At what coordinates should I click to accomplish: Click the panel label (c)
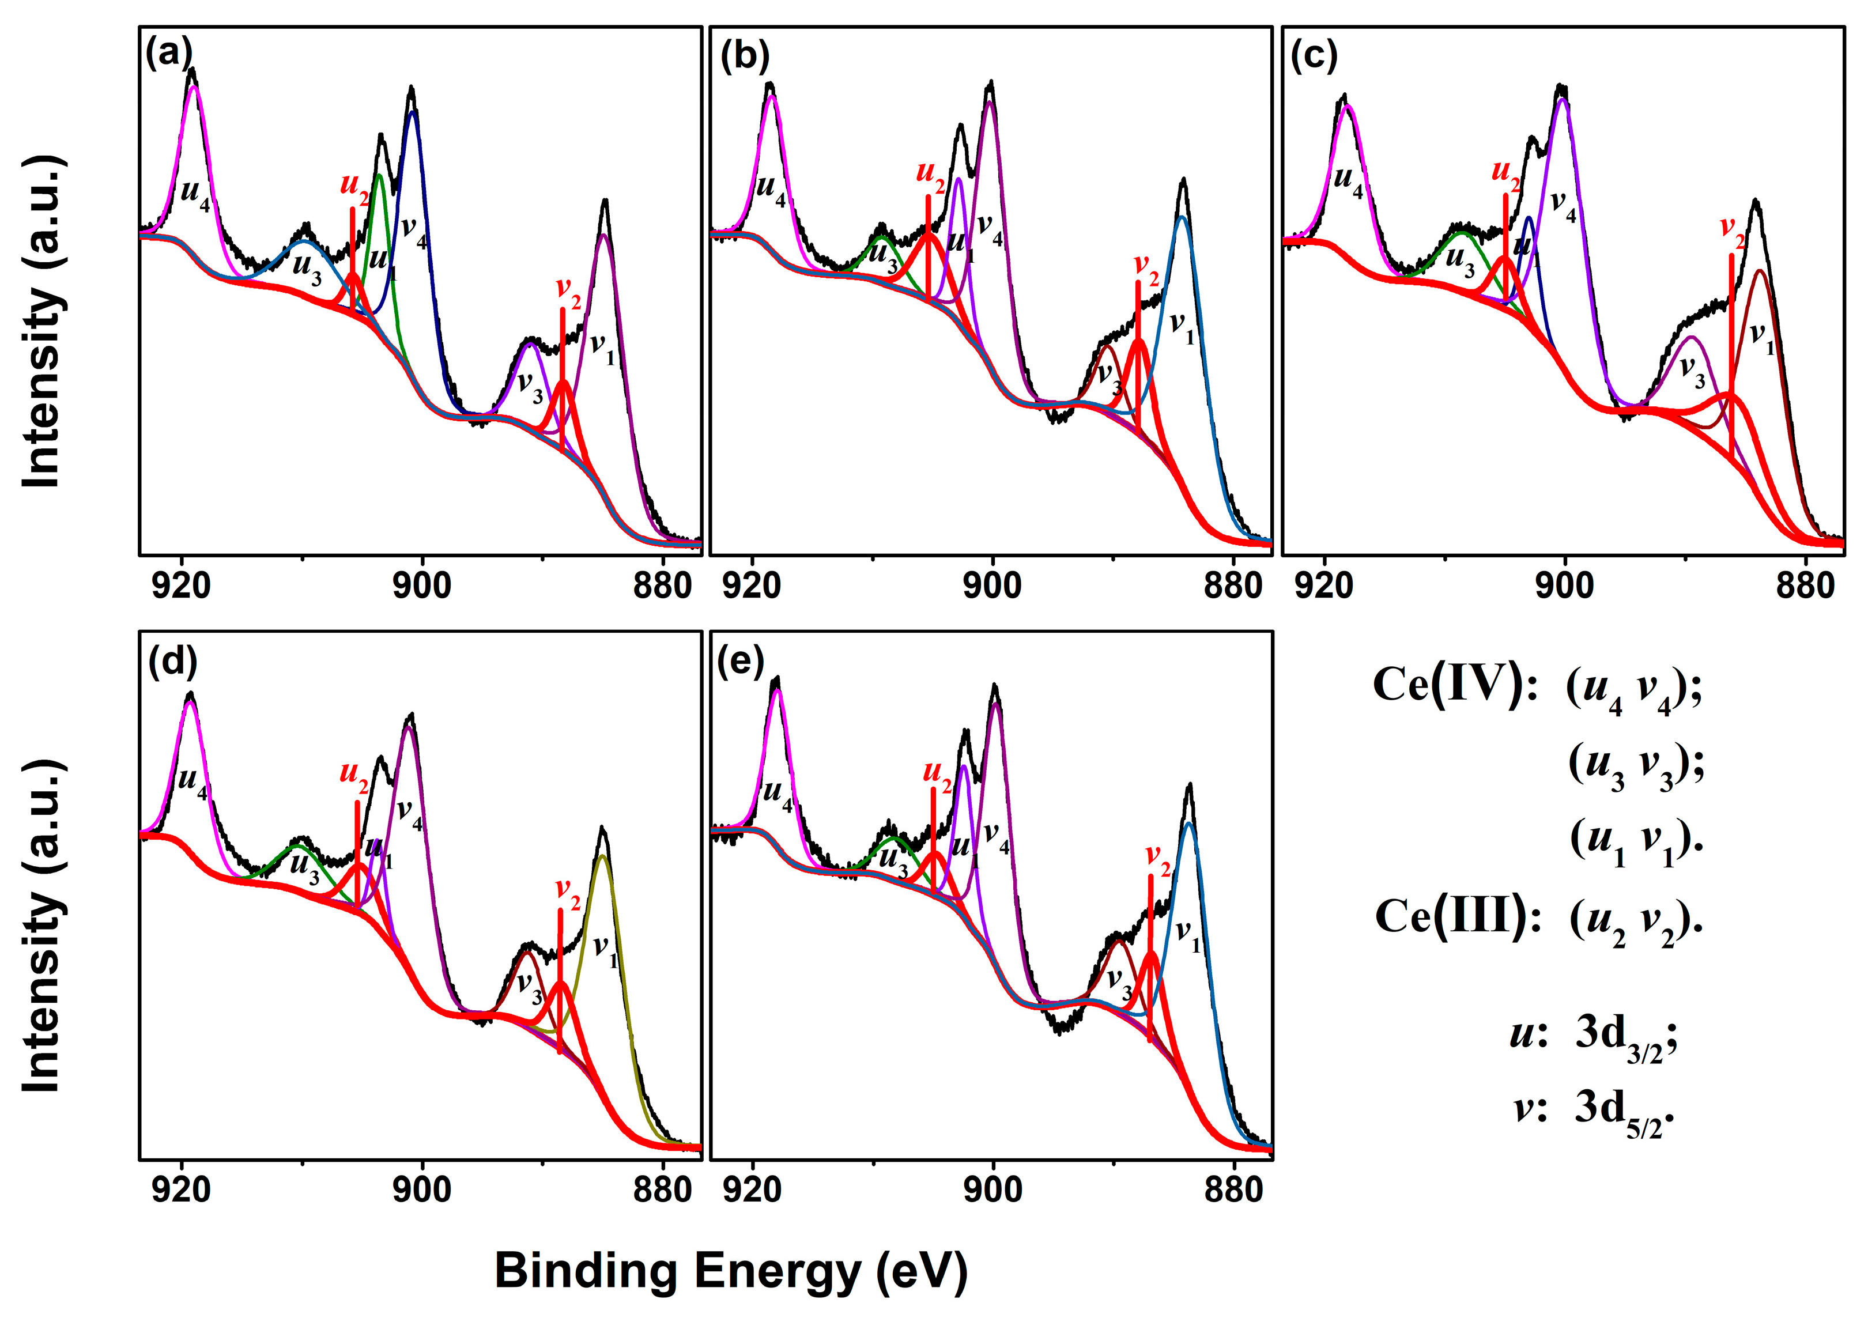tap(1313, 55)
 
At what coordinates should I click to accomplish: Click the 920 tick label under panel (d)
tap(180, 1190)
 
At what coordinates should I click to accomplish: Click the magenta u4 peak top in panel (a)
tap(194, 87)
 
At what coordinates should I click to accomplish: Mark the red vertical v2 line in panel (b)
tap(1137, 358)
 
